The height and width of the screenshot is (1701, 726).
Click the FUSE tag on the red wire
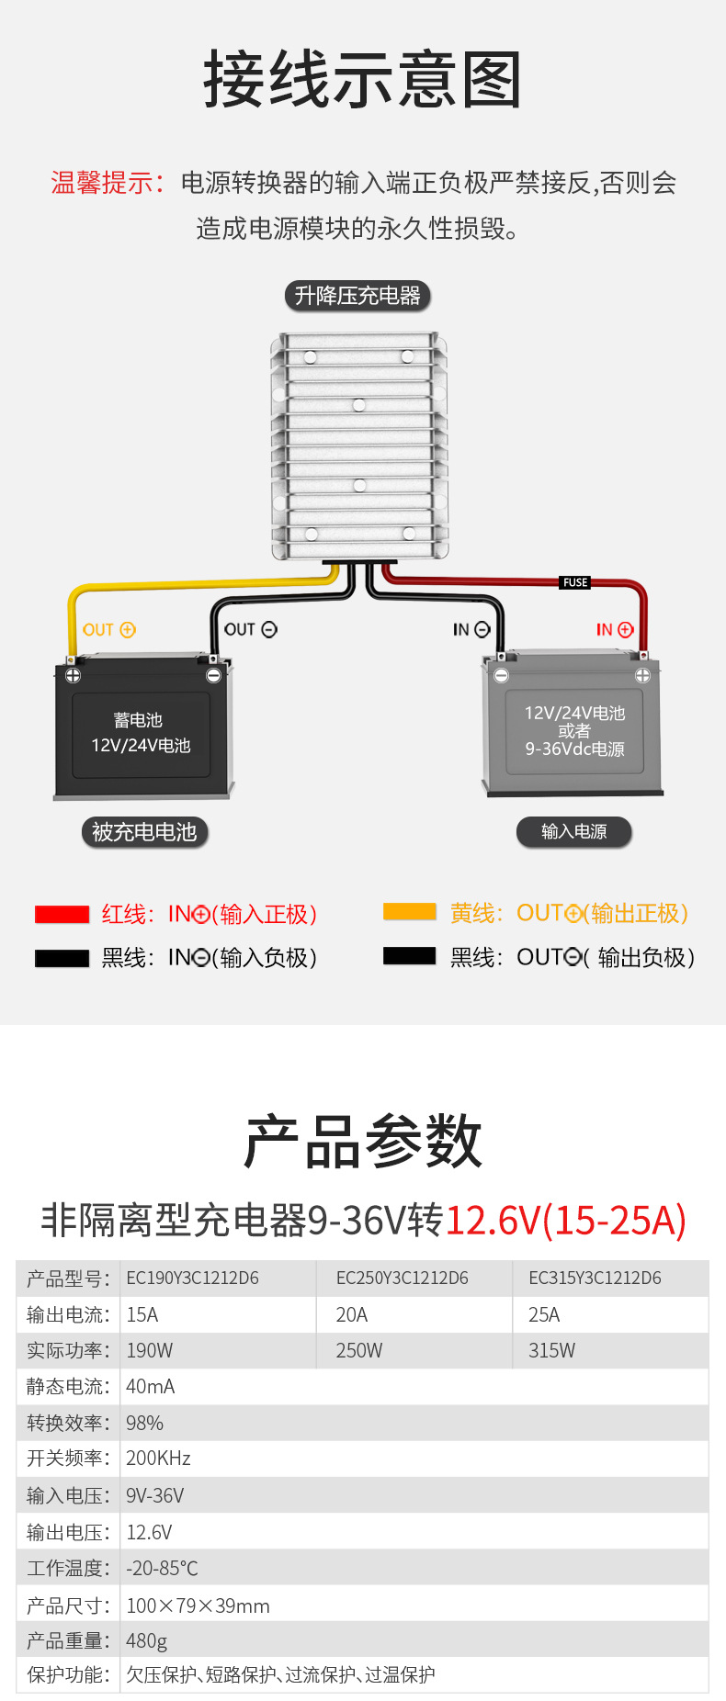(x=575, y=582)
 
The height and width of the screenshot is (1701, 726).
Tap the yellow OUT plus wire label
(x=108, y=630)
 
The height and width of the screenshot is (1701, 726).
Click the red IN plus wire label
(x=614, y=630)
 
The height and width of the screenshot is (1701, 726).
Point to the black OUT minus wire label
(x=250, y=630)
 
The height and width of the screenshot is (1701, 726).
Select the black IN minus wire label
(x=471, y=630)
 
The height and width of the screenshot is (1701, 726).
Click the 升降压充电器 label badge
(x=357, y=296)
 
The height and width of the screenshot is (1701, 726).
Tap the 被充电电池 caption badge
(x=144, y=832)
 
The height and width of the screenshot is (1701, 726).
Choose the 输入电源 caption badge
(x=573, y=832)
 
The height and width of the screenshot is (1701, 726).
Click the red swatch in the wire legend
(x=62, y=915)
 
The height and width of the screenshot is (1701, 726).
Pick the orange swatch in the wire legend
(x=409, y=912)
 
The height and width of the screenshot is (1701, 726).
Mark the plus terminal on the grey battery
(x=642, y=676)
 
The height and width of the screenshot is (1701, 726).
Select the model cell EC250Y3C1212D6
(x=402, y=1279)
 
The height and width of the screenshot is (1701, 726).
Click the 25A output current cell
(x=544, y=1315)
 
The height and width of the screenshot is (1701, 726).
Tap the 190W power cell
(x=149, y=1351)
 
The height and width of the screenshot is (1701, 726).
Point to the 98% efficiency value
(x=144, y=1424)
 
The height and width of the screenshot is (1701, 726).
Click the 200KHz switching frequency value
(x=158, y=1459)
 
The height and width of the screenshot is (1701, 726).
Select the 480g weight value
(x=146, y=1640)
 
